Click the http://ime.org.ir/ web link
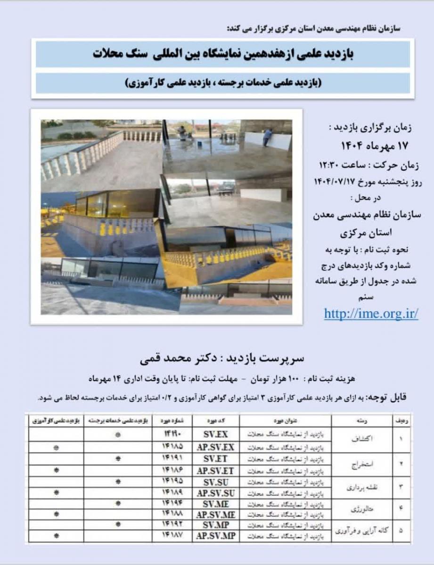click(x=371, y=314)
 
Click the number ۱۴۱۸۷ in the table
click(x=172, y=535)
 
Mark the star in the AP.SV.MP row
click(x=57, y=536)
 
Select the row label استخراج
click(x=361, y=464)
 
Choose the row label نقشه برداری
click(x=361, y=487)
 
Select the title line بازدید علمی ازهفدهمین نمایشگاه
click(x=222, y=54)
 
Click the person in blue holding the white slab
click(x=267, y=137)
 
